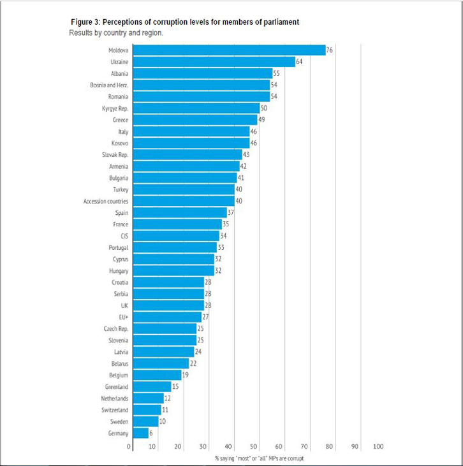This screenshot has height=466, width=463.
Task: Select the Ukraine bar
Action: point(213,62)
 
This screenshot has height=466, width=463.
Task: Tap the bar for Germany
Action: point(140,433)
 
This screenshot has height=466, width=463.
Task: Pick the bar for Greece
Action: point(194,120)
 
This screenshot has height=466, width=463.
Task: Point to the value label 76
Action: point(330,50)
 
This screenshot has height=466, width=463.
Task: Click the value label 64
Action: point(300,62)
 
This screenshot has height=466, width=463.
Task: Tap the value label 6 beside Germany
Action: point(152,433)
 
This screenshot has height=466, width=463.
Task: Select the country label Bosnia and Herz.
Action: point(109,85)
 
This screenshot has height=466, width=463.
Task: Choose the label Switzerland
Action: point(114,410)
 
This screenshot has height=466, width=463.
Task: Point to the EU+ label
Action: point(122,317)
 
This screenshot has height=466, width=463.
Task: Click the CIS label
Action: point(124,236)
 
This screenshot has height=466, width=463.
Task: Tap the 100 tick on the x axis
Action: point(378,447)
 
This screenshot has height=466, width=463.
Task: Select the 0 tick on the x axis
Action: point(129,447)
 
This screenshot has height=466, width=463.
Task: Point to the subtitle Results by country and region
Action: point(116,32)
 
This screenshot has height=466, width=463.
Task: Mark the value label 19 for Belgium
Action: point(186,375)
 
